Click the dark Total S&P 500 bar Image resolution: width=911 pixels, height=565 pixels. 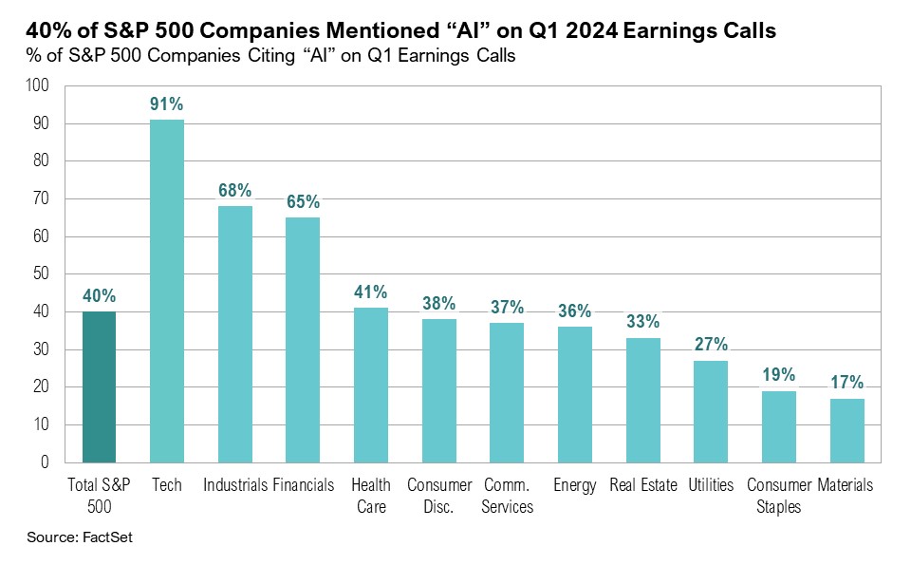pos(99,386)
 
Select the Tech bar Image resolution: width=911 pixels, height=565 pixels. pos(167,291)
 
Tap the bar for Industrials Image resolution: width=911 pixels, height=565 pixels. pos(235,334)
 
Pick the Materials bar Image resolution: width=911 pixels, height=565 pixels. pos(846,430)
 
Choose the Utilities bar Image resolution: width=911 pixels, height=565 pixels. pos(711,411)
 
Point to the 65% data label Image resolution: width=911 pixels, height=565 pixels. pos(304,202)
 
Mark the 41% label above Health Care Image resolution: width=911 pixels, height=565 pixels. pos(371,292)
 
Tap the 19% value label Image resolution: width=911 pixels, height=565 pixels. pos(778,376)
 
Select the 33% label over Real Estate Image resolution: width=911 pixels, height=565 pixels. pos(642,323)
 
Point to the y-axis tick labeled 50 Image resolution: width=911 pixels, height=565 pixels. pos(41,274)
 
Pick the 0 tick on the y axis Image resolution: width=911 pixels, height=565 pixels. pos(45,462)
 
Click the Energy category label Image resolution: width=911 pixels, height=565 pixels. pos(575,485)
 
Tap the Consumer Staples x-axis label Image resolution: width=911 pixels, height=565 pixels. pos(778,496)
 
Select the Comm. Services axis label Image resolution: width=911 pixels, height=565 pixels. pos(507,496)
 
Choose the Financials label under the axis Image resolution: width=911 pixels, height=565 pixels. pos(304,485)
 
